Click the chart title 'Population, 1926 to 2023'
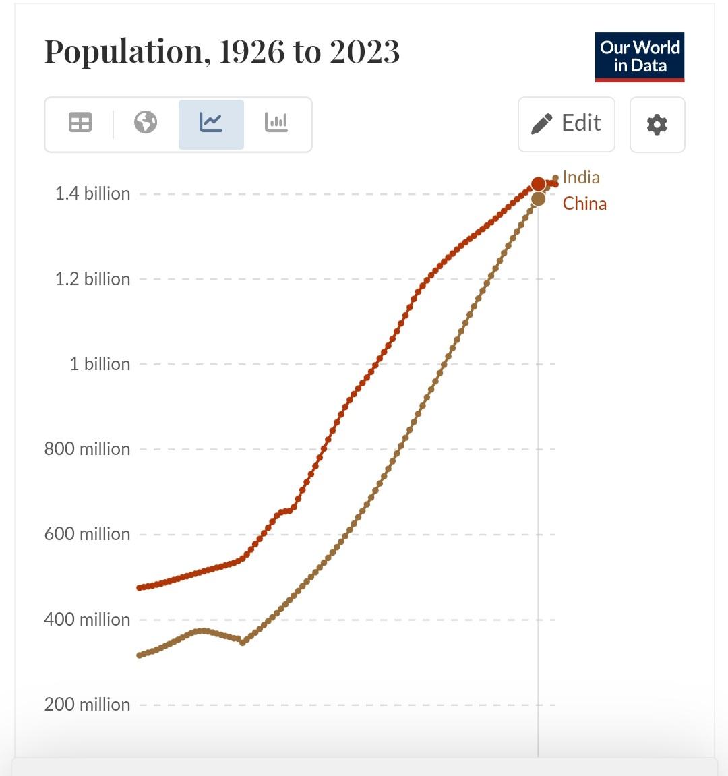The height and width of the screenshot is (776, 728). (x=222, y=52)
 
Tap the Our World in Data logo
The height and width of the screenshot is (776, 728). (x=639, y=57)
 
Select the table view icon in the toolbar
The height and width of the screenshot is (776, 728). (x=80, y=123)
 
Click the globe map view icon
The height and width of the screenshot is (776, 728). (x=146, y=123)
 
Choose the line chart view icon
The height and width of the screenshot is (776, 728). (x=211, y=123)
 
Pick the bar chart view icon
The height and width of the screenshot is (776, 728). (x=276, y=123)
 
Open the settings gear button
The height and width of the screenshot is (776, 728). (x=657, y=125)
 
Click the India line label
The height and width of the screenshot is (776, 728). (x=581, y=177)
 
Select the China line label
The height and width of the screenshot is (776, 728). (x=584, y=204)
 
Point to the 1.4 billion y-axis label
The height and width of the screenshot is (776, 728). (x=92, y=193)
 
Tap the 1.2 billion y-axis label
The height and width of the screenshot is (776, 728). (x=92, y=279)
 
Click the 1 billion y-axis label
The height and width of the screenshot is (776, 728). (x=100, y=364)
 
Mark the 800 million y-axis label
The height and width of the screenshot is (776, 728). (x=87, y=449)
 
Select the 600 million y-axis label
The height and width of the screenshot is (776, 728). (x=87, y=534)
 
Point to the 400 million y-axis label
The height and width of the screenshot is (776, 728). (x=87, y=620)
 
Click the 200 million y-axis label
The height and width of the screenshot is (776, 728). (x=87, y=705)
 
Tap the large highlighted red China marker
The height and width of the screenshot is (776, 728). (x=538, y=184)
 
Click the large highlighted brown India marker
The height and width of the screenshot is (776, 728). (x=538, y=198)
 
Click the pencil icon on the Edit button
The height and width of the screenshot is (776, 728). (x=541, y=124)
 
